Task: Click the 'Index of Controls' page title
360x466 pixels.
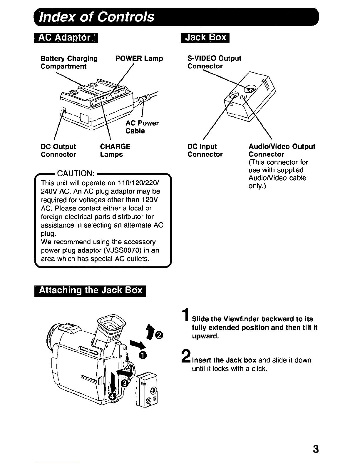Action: click(x=97, y=17)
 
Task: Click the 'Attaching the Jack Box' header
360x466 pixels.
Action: click(x=90, y=291)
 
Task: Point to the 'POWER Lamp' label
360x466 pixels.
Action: click(x=139, y=59)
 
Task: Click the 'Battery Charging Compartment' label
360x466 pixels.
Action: click(x=69, y=62)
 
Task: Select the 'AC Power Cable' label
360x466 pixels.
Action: click(x=142, y=127)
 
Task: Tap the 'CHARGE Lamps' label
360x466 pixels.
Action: click(x=115, y=150)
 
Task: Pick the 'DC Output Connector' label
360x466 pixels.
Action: click(x=58, y=150)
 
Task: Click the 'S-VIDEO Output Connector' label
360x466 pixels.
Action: click(x=214, y=62)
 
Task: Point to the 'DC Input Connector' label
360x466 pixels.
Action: click(x=205, y=150)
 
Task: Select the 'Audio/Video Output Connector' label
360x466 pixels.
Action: click(x=282, y=150)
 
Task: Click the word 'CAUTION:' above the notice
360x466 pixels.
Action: click(x=76, y=173)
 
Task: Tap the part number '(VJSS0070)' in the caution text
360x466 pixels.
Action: click(x=122, y=250)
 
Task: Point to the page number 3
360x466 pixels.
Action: click(x=316, y=449)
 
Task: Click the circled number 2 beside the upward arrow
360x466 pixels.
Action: click(x=160, y=335)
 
